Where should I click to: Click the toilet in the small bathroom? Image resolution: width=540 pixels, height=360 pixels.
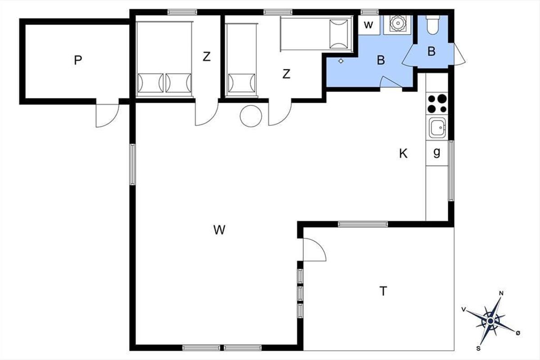pos(433,25)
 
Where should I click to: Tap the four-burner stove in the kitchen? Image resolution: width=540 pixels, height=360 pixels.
pos(437,103)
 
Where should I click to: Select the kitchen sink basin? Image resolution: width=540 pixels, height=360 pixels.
pos(437,128)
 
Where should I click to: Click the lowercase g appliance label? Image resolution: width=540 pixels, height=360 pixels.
pos(436,153)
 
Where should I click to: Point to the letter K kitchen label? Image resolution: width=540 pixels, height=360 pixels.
pos(403,153)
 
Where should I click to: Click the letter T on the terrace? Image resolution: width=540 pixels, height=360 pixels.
pos(383,291)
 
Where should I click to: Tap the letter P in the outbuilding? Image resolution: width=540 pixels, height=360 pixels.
pos(78,60)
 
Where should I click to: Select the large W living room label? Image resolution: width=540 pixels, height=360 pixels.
pos(220,230)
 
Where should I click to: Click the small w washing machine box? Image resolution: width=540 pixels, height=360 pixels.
pos(369,25)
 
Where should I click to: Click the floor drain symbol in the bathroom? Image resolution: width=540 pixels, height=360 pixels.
pos(341,61)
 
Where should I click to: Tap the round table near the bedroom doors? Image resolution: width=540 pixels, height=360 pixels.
pos(251,116)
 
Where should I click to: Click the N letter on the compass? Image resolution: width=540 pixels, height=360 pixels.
pos(501,293)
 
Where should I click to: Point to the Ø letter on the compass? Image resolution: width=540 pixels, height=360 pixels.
pos(518,333)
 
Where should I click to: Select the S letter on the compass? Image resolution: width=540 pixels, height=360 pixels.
pos(478,348)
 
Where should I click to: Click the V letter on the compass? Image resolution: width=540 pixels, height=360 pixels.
pos(463,309)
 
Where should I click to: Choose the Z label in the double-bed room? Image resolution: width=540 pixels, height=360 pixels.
pos(207,57)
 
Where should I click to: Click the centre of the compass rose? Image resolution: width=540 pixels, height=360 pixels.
pos(490,321)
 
